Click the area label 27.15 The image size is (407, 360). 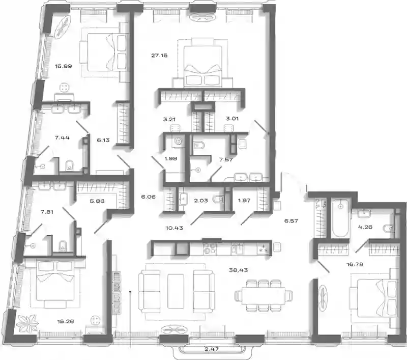pos(159,56)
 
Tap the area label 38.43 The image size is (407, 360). pos(238,270)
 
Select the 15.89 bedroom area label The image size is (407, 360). pos(63,66)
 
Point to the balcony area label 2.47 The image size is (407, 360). pos(212,349)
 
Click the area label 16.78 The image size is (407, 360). pos(355,264)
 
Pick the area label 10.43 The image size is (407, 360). pos(174,228)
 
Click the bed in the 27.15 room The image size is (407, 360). pos(202,66)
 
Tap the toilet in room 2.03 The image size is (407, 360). pos(218,199)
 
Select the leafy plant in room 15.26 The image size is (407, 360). pos(27,323)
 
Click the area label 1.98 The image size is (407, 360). pos(171,159)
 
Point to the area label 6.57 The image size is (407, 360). pos(291,221)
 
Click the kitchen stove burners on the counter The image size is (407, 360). pos(210,248)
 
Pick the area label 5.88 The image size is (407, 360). pos(97,201)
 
